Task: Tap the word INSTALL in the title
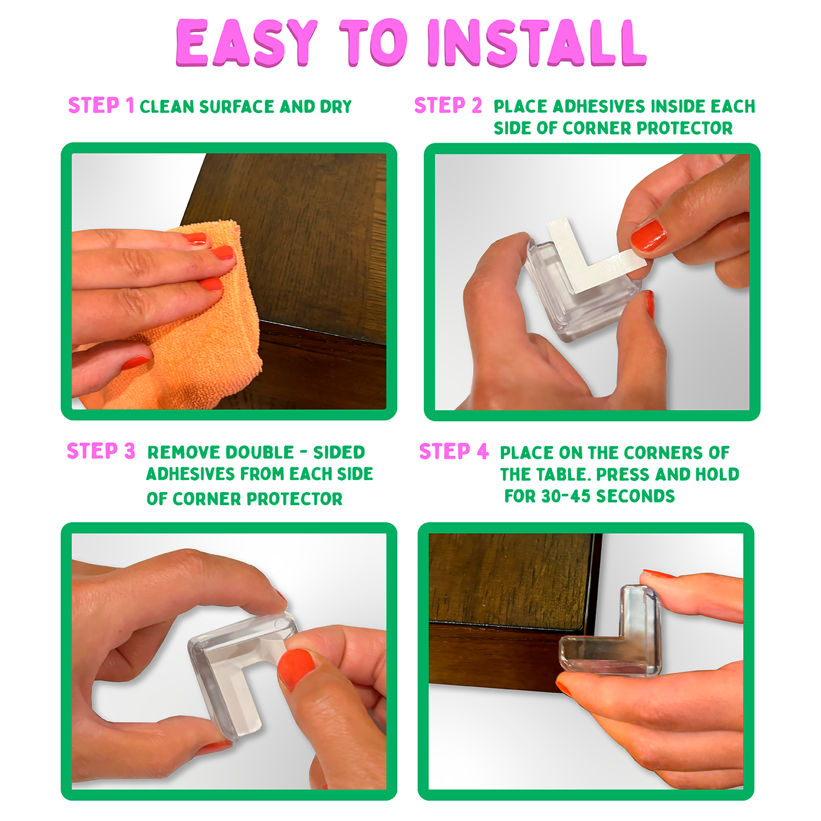coord(537,43)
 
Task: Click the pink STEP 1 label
coord(101,105)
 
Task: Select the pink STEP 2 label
coord(448,105)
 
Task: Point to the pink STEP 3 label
coord(101,451)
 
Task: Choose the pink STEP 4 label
coord(454,451)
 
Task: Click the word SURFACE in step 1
coord(236,106)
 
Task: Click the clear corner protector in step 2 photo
coord(584,294)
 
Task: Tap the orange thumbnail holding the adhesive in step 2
coord(649,235)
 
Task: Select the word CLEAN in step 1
coord(167,106)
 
